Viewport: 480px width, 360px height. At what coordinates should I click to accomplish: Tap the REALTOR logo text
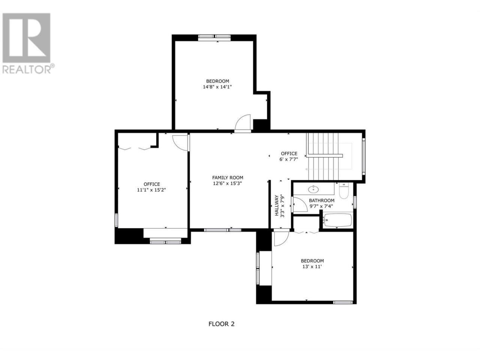click(27, 69)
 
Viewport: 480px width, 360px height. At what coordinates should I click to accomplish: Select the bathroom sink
click(313, 189)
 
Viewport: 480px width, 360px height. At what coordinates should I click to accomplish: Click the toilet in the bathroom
click(344, 190)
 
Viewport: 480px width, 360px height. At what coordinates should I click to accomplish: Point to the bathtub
click(338, 220)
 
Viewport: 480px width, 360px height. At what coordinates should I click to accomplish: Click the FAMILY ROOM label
click(228, 178)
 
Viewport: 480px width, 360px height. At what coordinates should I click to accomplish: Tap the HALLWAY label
click(277, 205)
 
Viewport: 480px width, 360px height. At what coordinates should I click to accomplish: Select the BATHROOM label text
click(321, 200)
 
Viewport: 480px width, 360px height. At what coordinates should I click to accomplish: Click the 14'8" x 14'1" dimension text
click(217, 87)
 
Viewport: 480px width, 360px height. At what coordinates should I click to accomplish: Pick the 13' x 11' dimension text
click(312, 267)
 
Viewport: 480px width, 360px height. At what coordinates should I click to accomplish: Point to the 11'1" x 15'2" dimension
click(151, 190)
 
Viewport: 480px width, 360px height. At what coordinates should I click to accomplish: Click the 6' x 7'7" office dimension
click(289, 159)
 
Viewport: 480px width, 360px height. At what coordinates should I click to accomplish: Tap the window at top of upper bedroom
click(214, 37)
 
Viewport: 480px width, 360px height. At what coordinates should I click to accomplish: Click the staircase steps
click(323, 156)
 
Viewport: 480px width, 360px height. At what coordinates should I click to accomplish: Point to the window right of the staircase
click(363, 156)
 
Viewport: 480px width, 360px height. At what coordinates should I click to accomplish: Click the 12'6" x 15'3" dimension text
click(227, 183)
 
